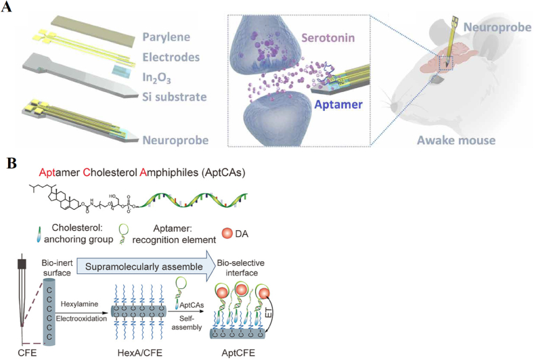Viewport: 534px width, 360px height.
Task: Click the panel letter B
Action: [x=9, y=164]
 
